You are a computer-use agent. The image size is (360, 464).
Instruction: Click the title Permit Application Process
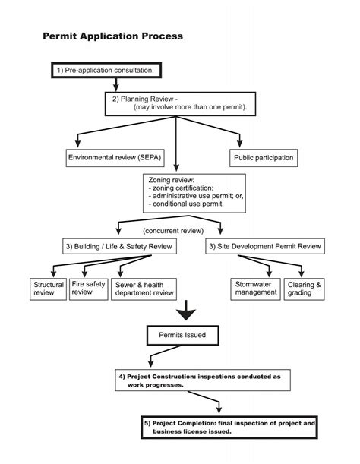pos(112,36)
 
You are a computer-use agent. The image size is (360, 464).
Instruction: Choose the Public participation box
pos(262,158)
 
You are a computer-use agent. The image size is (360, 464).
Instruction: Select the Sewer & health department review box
pos(144,288)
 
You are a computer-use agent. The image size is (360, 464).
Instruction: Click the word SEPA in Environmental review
pos(146,158)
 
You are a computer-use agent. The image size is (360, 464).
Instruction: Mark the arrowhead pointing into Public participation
pos(241,144)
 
